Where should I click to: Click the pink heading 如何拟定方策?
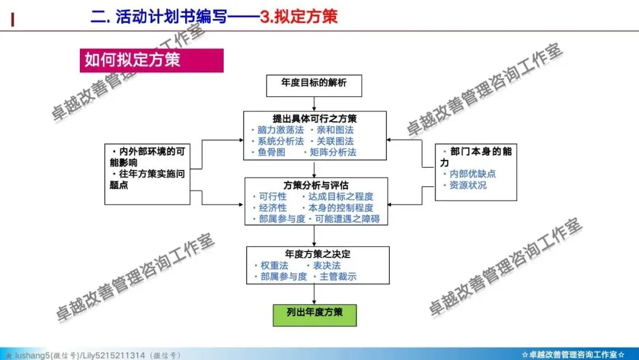point(133,60)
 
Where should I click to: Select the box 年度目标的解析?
point(314,83)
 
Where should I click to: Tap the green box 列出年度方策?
point(314,312)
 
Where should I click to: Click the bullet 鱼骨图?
point(272,152)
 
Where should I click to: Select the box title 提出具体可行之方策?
point(315,118)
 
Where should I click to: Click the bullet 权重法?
point(274,265)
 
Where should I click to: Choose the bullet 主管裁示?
point(338,277)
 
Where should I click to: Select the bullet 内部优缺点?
point(472,173)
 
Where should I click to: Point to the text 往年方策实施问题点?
point(147,179)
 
